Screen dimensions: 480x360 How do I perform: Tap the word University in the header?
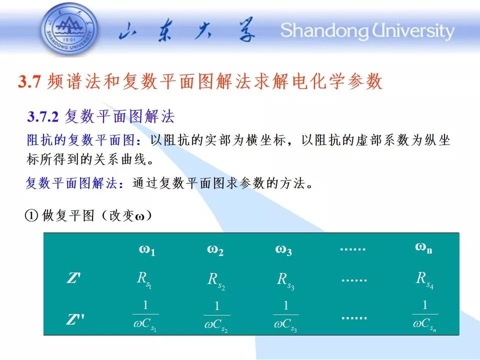413,31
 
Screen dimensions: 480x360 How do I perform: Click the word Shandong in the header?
324,31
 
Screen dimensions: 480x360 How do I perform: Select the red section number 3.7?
29,81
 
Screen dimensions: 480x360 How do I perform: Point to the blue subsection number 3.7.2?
42,116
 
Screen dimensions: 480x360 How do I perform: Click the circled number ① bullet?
31,215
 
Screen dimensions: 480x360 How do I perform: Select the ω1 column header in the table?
147,250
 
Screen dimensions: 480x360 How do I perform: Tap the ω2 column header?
215,250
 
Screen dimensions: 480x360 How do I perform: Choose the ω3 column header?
283,250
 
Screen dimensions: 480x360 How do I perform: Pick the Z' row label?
74,278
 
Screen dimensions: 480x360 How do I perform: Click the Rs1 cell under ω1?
144,280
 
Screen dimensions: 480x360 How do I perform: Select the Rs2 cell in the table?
216,281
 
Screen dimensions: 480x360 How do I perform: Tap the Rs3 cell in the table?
285,281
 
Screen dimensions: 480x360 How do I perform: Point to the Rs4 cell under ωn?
424,280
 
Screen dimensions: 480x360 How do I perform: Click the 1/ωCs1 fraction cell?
145,316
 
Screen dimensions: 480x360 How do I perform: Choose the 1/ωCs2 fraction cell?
216,317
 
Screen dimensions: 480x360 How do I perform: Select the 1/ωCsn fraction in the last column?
425,316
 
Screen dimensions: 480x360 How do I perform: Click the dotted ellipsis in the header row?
353,249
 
